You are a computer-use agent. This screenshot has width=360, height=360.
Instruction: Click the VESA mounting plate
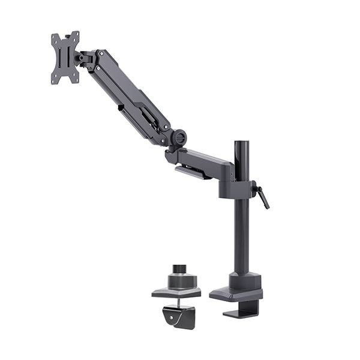65,58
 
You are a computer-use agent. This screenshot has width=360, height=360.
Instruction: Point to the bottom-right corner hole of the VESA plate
75,78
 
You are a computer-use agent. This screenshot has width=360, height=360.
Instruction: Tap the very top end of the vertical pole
242,143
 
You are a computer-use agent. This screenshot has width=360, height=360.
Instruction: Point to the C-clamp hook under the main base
243,309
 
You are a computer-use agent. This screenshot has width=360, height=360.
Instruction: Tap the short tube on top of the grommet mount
178,269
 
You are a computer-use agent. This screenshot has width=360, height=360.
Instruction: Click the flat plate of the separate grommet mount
176,292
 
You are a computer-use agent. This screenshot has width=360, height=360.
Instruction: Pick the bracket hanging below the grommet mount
179,316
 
